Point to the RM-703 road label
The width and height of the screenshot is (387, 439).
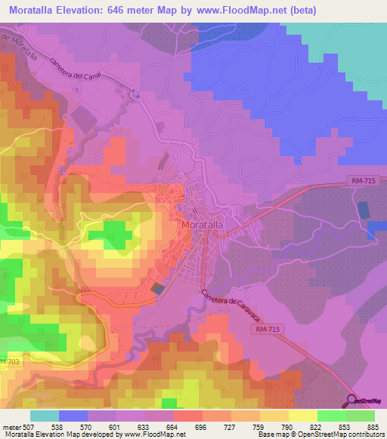(x=9, y=363)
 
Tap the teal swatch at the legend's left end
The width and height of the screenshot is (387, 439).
(x=45, y=416)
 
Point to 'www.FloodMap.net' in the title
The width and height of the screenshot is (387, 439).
(x=240, y=10)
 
